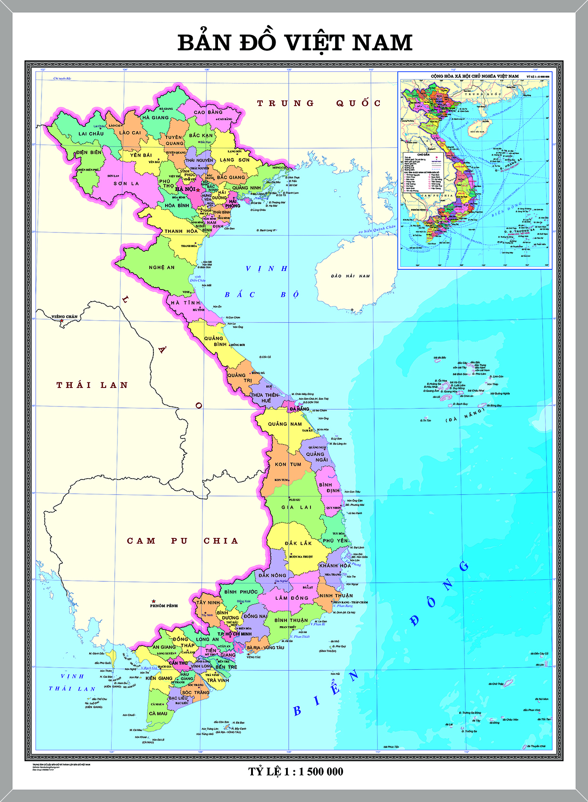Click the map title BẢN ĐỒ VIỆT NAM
295,43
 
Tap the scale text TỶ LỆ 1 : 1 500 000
296,771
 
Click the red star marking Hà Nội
198,190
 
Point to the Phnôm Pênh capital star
153,601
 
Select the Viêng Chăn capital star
61,321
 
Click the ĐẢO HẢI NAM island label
350,276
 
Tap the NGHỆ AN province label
161,267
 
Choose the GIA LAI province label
296,507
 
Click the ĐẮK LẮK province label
298,543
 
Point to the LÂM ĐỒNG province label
292,598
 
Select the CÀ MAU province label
158,713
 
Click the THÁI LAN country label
92,385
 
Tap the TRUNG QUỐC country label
319,103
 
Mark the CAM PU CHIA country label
182,541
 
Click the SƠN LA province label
126,183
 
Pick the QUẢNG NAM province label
285,424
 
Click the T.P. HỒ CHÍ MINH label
235,634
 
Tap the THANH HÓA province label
181,232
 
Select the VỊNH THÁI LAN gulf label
72,682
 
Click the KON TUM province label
288,464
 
